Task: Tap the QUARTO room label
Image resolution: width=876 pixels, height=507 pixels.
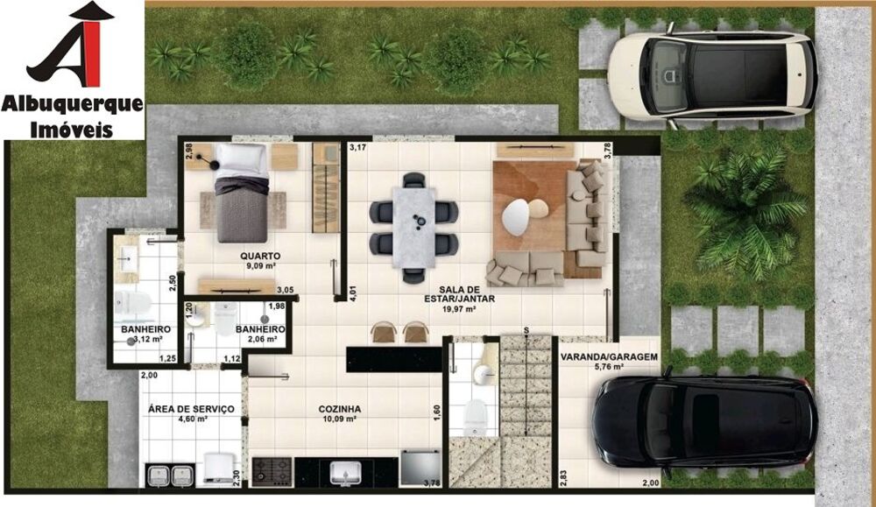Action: pos(258,257)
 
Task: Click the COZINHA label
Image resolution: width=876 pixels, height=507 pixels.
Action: pos(340,409)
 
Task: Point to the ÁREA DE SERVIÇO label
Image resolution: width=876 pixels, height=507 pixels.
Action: pos(191,409)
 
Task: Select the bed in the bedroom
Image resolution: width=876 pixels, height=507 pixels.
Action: pos(242,193)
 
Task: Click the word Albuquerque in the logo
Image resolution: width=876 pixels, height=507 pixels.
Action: pos(73,104)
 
